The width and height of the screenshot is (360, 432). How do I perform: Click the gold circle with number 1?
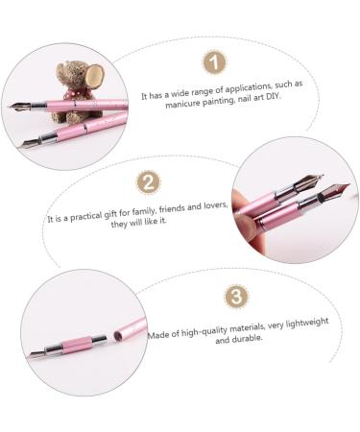215,64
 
